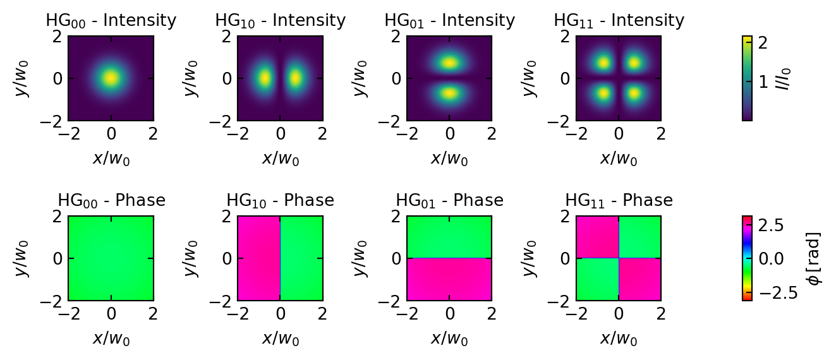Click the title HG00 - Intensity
pos(111,21)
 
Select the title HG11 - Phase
pos(619,201)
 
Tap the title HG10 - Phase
pos(280,201)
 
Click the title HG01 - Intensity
pos(449,21)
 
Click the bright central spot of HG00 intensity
pos(111,78)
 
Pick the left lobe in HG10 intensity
pos(265,78)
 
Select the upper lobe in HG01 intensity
pos(449,63)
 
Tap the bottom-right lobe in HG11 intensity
pos(634,93)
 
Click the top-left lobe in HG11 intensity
pos(603,63)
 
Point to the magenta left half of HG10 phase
pos(258,258)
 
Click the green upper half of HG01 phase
pos(449,237)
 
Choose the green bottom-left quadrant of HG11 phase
pos(597,280)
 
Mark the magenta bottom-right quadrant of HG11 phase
pos(640,280)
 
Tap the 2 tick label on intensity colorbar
pos(763,43)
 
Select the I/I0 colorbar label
pos(784,78)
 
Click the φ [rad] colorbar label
pos(816,258)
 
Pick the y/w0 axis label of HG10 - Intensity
pos(191,78)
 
